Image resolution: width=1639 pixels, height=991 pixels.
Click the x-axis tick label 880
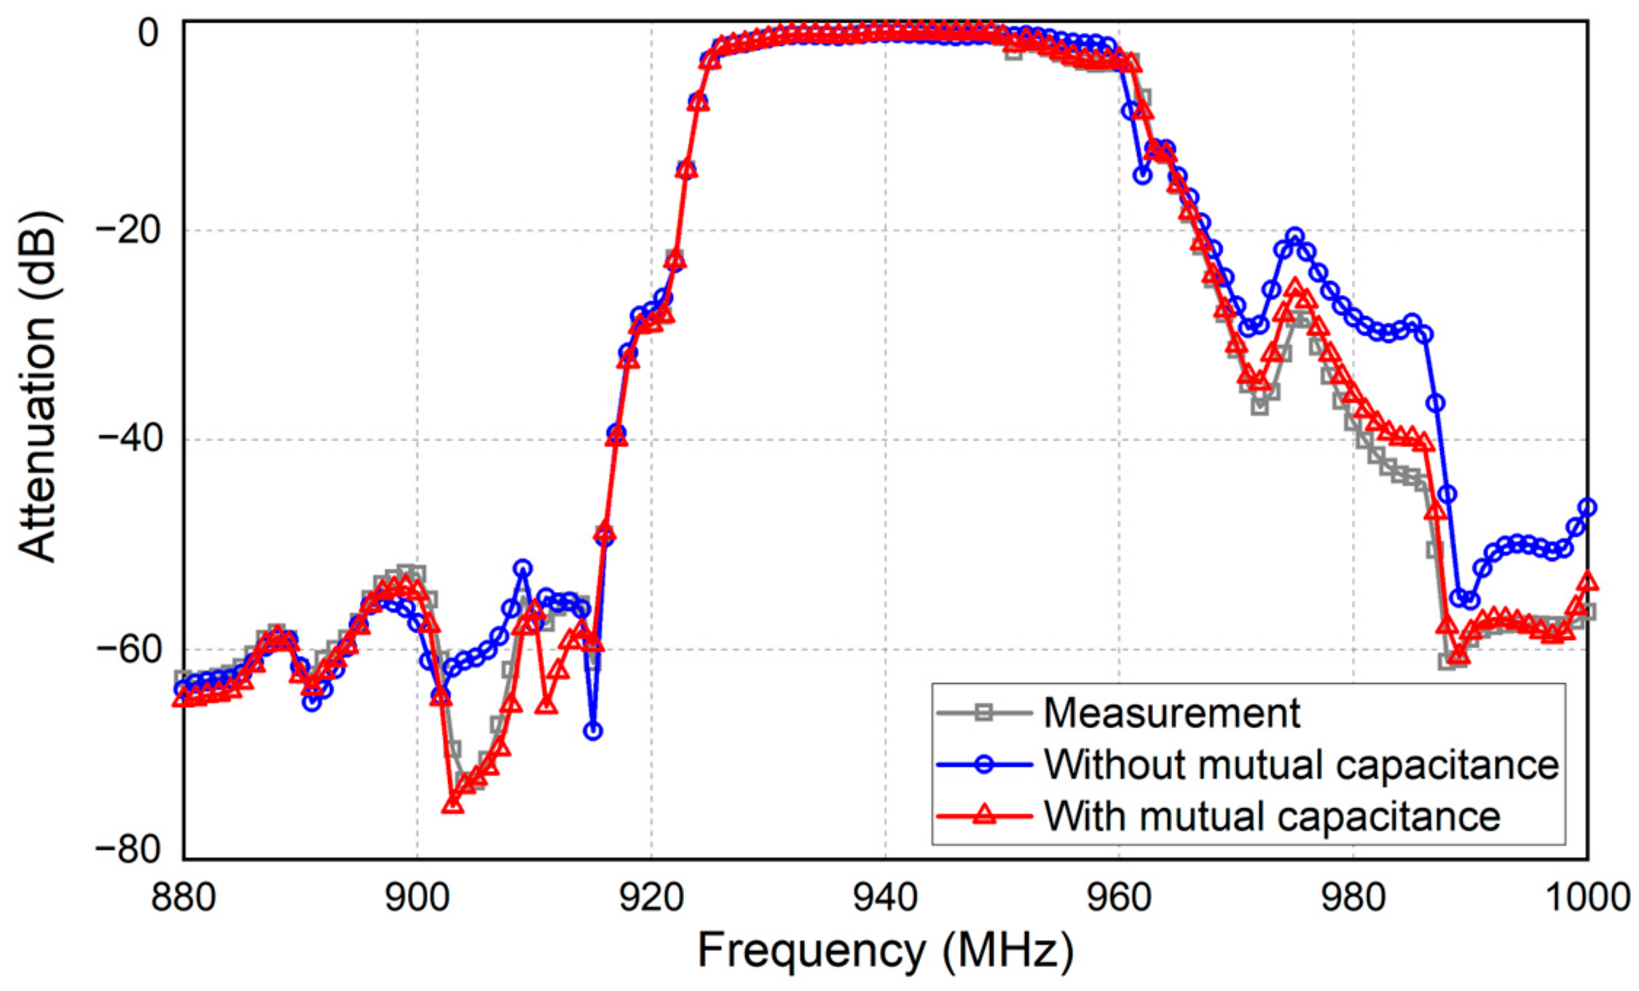(x=184, y=898)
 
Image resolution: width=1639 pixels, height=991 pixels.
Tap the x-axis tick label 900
(x=417, y=898)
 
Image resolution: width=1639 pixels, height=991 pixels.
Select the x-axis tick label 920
(x=651, y=898)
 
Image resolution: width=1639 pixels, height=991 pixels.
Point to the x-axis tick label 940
(x=885, y=898)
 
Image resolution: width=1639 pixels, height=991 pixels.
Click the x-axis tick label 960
(x=1119, y=898)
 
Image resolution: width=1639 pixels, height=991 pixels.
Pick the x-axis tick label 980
(x=1353, y=898)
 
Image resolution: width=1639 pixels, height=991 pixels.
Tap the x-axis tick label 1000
(x=1587, y=898)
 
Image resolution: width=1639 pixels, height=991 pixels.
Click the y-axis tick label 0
(x=148, y=33)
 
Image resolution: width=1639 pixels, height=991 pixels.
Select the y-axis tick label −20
(x=127, y=232)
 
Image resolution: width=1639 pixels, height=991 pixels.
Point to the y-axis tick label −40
(x=127, y=440)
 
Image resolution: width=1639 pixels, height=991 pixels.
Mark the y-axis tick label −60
(x=127, y=649)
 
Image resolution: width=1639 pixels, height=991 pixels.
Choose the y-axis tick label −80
(x=127, y=850)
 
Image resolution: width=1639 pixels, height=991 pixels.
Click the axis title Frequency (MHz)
(x=885, y=950)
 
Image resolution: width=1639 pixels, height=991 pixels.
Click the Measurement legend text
(x=1171, y=712)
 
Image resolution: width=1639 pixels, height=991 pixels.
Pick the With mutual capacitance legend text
(x=1272, y=816)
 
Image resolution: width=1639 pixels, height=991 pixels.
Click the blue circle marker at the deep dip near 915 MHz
(x=593, y=730)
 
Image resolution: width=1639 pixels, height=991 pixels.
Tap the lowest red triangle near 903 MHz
(x=452, y=804)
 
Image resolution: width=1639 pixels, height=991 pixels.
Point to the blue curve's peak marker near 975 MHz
(x=1294, y=236)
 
